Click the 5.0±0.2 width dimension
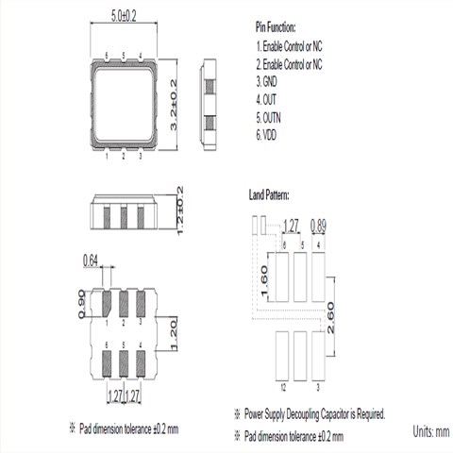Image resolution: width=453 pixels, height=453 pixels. [x=124, y=16]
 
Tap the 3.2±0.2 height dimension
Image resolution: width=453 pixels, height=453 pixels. [x=174, y=105]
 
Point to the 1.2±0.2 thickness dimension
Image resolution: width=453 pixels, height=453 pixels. [x=180, y=210]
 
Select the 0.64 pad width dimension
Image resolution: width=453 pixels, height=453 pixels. [x=91, y=260]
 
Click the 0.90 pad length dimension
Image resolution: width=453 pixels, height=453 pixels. [x=81, y=304]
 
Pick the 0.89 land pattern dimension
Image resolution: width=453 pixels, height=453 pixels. [x=318, y=226]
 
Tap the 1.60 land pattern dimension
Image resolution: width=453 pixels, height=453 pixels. [x=264, y=280]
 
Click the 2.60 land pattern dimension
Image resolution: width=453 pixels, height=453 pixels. [x=330, y=318]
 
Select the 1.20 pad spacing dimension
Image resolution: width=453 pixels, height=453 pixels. [x=174, y=334]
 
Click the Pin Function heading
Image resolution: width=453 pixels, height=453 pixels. [x=276, y=27]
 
